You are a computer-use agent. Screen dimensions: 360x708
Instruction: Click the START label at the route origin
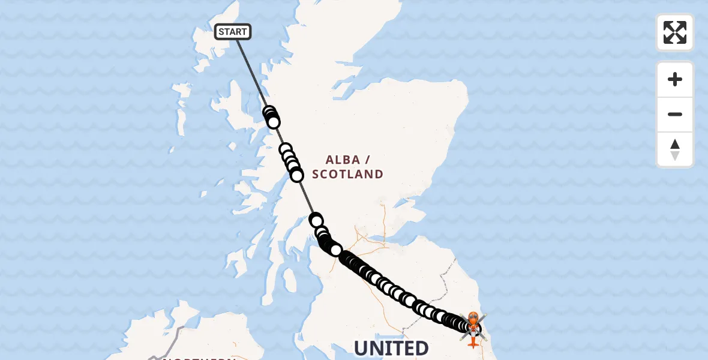[233, 32]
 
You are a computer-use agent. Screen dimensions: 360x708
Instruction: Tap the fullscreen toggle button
[674, 32]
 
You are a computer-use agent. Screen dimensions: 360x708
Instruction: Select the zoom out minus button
[674, 115]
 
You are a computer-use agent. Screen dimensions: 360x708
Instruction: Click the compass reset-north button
[674, 149]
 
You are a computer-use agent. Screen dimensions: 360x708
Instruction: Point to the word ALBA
[343, 160]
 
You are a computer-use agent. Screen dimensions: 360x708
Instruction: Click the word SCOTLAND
[347, 175]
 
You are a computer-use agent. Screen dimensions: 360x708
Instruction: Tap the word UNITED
[391, 349]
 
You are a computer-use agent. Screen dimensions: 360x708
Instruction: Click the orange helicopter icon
[473, 328]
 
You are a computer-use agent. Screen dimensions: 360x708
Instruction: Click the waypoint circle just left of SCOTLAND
[296, 175]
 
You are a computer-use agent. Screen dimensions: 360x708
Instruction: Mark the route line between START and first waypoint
[252, 72]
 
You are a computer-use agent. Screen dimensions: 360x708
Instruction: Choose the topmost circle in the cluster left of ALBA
[286, 149]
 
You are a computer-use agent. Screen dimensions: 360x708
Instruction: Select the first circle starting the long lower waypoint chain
[316, 220]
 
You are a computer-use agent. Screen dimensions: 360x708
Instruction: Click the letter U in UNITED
[361, 349]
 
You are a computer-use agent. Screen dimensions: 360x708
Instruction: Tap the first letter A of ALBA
[330, 160]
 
